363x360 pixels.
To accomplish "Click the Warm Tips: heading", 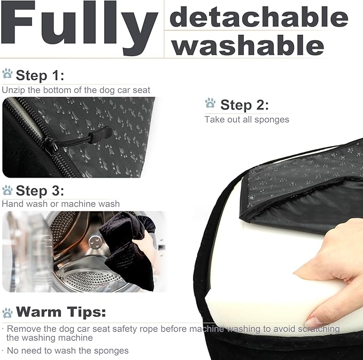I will point(61,312).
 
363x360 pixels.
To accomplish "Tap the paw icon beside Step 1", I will point(7,74).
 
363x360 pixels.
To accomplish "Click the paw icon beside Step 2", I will point(211,103).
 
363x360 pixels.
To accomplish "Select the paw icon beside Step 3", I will point(7,190).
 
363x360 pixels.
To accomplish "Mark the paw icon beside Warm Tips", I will point(7,312).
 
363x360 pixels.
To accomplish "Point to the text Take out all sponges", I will point(246,119).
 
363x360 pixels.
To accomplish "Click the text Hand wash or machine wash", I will point(60,204).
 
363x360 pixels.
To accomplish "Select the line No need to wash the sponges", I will point(67,351).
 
